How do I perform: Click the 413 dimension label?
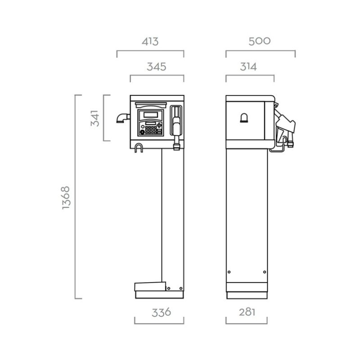pyautogui.click(x=150, y=41)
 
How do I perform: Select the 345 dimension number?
pyautogui.click(x=156, y=67)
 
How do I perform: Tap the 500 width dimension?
pyautogui.click(x=260, y=41)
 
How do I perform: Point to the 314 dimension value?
pyautogui.click(x=248, y=67)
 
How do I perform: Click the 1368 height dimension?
pyautogui.click(x=66, y=198)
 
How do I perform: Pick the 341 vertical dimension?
pyautogui.click(x=95, y=118)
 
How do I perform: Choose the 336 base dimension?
pyautogui.click(x=162, y=312)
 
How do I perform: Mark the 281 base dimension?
pyautogui.click(x=247, y=312)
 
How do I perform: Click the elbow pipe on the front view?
pyautogui.click(x=123, y=118)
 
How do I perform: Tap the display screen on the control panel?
pyautogui.click(x=151, y=115)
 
